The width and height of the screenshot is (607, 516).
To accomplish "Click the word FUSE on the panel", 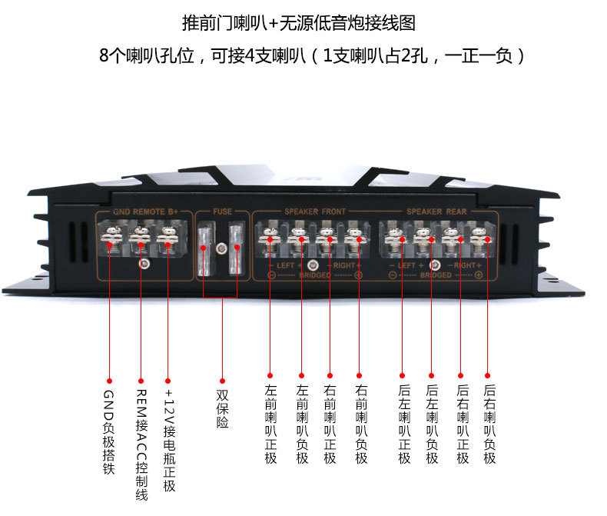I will point(222,211).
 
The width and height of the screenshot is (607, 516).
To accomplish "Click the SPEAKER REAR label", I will point(436,211).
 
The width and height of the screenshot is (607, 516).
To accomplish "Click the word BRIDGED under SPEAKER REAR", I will point(436,275).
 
